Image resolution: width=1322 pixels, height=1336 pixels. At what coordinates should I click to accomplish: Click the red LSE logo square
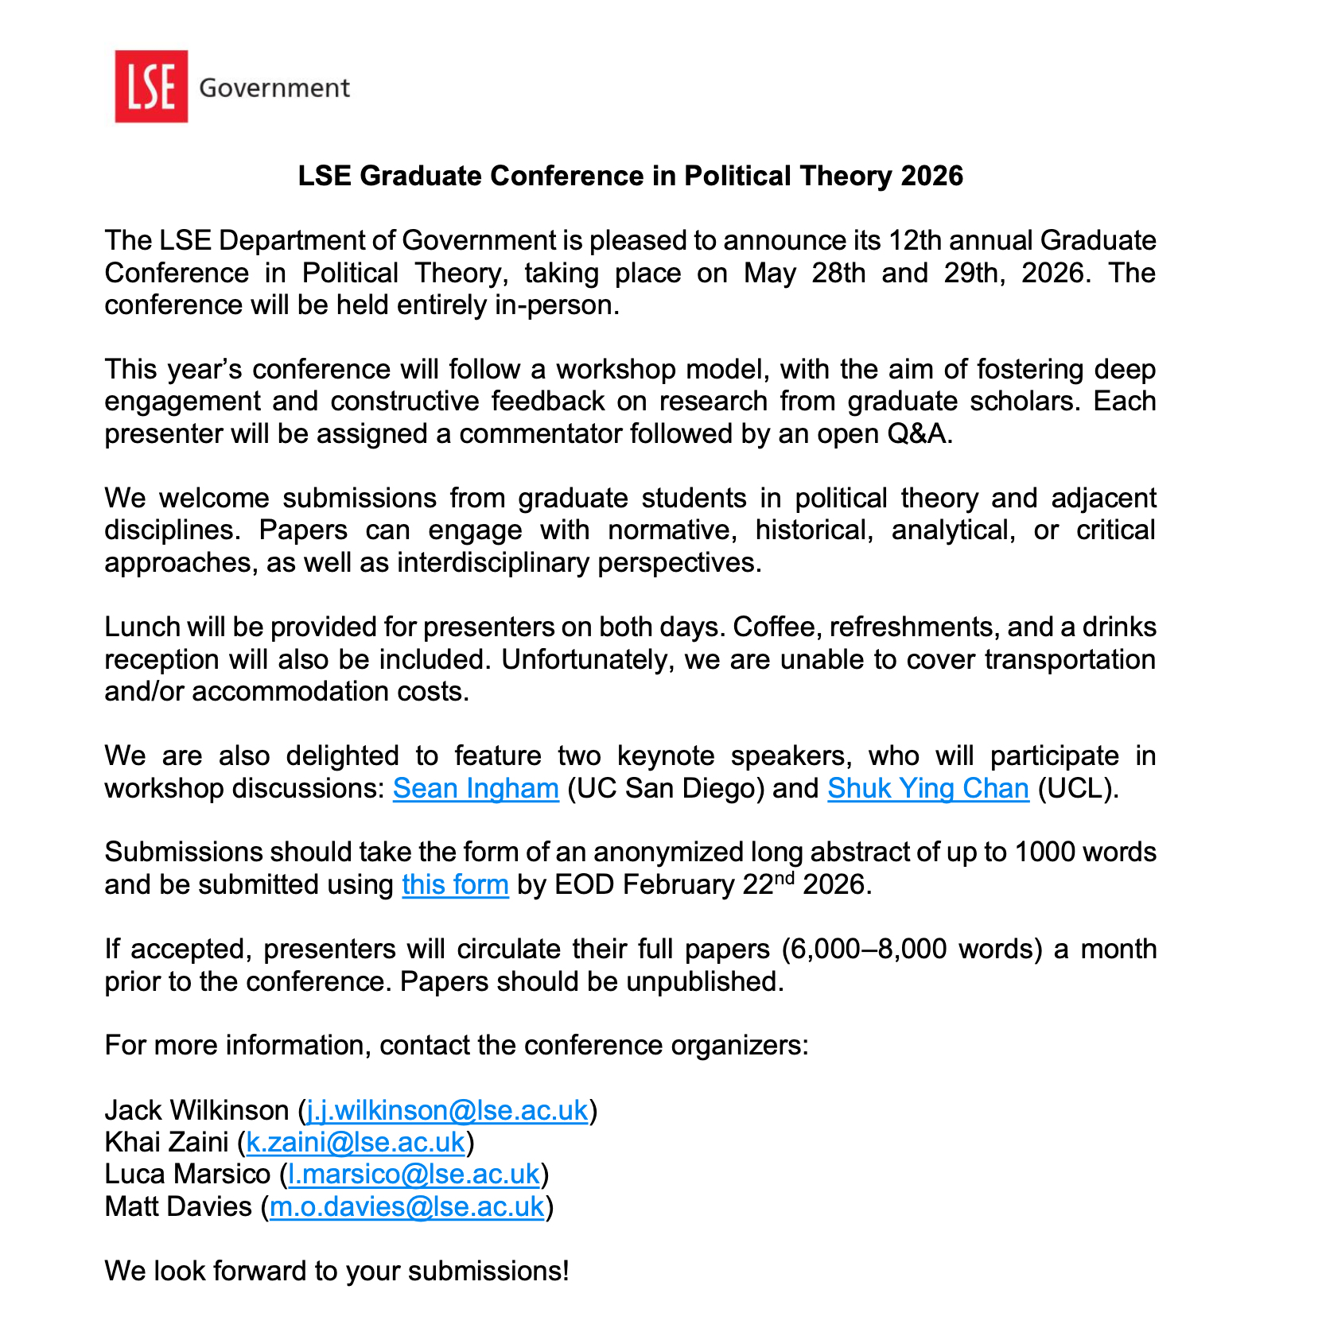(x=151, y=87)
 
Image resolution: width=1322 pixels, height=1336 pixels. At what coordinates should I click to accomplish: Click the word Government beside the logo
(x=274, y=87)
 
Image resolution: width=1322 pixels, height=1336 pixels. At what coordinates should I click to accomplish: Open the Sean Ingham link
(x=476, y=788)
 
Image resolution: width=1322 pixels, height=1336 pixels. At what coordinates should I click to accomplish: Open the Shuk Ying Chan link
(x=928, y=788)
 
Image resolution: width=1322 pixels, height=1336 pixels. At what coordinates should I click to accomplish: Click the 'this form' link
(x=455, y=884)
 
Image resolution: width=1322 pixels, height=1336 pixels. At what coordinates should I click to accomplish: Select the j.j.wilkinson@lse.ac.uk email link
(x=447, y=1109)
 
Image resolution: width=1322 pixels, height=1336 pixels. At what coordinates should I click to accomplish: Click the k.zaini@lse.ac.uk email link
(x=356, y=1142)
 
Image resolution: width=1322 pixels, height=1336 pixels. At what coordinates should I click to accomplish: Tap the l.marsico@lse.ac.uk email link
(x=414, y=1174)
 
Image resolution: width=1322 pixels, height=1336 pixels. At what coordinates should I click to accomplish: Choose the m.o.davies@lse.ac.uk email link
(x=407, y=1206)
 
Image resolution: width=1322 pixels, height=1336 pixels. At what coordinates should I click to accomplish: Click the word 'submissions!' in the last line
(x=488, y=1271)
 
